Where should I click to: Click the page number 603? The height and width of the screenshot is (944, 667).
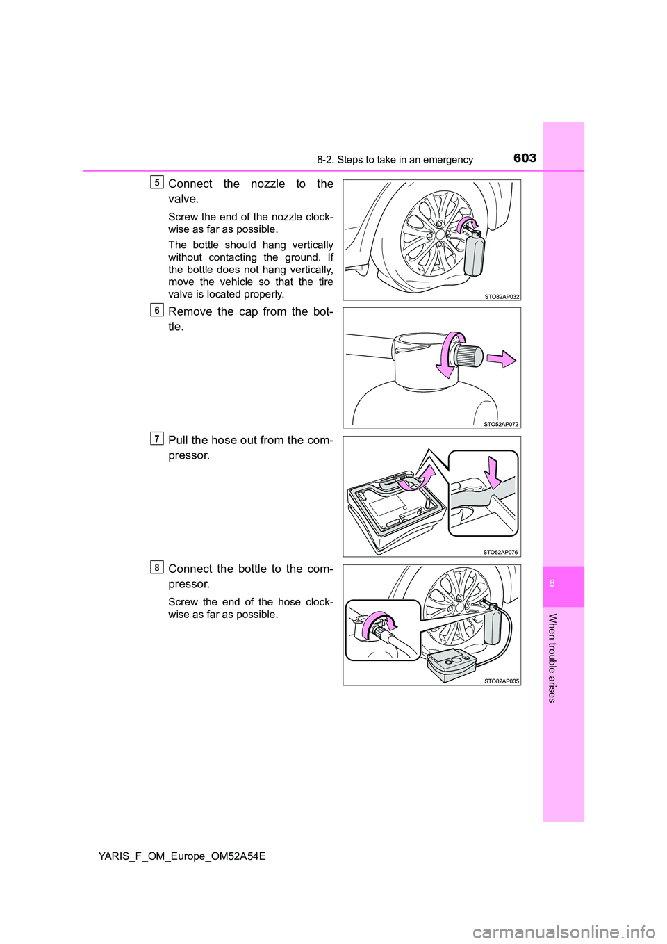525,158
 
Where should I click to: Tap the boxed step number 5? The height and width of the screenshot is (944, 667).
156,182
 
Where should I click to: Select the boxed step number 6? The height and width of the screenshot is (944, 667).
156,310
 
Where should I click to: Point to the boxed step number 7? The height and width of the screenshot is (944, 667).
156,439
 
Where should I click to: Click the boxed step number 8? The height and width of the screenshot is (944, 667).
156,567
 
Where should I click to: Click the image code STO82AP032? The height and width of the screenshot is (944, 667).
502,296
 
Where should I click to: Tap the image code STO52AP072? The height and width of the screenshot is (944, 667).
502,424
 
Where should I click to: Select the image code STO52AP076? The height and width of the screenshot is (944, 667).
502,552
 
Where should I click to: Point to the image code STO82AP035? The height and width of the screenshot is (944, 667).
502,680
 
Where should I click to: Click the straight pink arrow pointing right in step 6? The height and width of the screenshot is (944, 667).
501,360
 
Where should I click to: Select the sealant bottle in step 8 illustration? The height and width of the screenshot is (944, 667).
492,627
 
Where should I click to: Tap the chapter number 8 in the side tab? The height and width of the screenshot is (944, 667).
563,586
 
